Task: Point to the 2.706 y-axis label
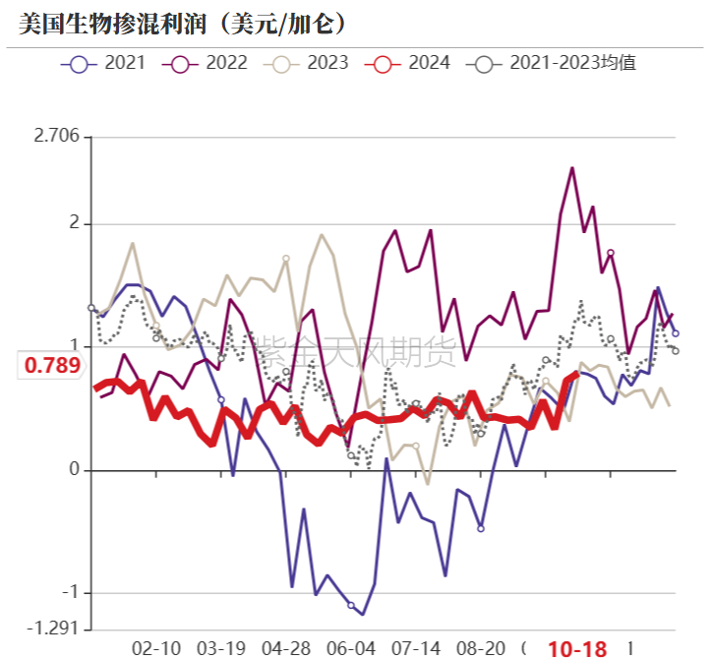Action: point(56,137)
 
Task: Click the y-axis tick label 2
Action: point(73,224)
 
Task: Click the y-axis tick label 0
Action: point(73,470)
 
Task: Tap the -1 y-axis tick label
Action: point(68,593)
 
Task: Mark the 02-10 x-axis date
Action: point(156,648)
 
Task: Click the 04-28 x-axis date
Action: point(288,648)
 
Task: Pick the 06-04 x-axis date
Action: point(351,648)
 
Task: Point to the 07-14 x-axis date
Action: point(416,648)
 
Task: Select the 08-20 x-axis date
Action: point(482,648)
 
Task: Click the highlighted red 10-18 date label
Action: point(577,648)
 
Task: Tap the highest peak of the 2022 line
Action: point(572,168)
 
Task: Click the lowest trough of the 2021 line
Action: point(363,615)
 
